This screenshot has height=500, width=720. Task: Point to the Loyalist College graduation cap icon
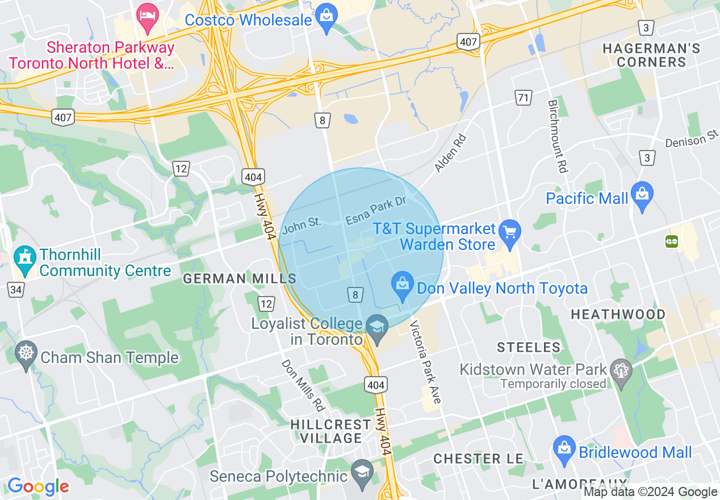(376, 328)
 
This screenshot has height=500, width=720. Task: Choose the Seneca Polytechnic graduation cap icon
(361, 473)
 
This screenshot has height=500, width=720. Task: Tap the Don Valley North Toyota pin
(403, 285)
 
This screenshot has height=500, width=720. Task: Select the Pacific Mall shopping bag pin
(642, 196)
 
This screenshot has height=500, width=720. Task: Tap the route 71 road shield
(523, 97)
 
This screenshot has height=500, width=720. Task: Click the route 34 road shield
(16, 290)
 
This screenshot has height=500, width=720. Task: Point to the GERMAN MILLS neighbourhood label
(240, 278)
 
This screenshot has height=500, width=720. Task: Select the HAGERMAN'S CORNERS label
(651, 55)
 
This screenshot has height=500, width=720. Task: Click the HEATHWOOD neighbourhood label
(618, 314)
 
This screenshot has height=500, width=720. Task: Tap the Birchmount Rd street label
(558, 136)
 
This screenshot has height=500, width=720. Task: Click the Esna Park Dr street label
(376, 210)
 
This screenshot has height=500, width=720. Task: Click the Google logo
(38, 486)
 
